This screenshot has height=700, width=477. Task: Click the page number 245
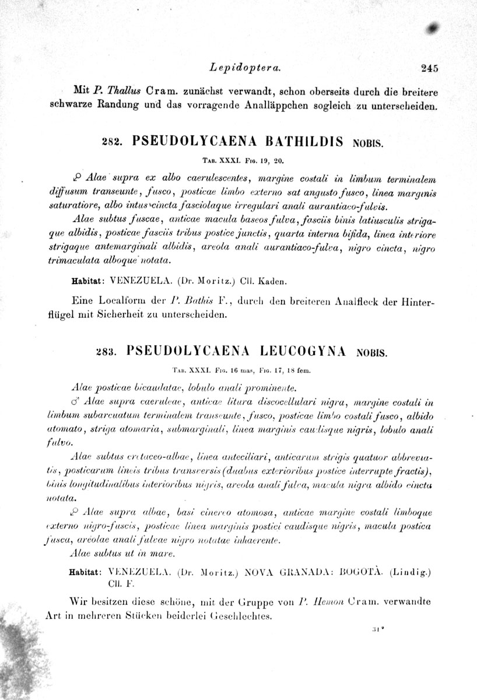point(429,68)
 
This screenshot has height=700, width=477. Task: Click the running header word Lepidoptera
point(248,68)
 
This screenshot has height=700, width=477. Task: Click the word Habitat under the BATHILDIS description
point(87,281)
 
